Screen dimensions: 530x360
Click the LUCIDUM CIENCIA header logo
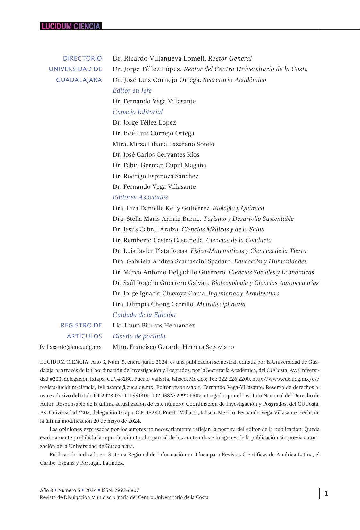pyautogui.click(x=71, y=26)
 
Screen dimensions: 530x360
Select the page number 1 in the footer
pyautogui.click(x=326, y=493)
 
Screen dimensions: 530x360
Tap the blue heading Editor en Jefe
pyautogui.click(x=132, y=91)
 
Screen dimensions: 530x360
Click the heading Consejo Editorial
pyautogui.click(x=138, y=112)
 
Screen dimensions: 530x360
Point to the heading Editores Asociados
pyautogui.click(x=140, y=197)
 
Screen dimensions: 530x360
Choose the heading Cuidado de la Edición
pyautogui.click(x=144, y=315)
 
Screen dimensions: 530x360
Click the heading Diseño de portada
pyautogui.click(x=139, y=336)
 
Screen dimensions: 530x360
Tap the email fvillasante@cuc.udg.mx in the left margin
pyautogui.click(x=71, y=347)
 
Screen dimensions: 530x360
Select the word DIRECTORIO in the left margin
pyautogui.click(x=82, y=59)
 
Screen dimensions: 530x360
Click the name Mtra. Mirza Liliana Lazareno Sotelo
pyautogui.click(x=163, y=144)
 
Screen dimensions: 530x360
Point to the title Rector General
pyautogui.click(x=230, y=59)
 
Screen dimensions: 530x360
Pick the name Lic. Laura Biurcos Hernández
pyautogui.click(x=154, y=326)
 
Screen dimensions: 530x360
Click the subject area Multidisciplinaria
pyautogui.click(x=221, y=304)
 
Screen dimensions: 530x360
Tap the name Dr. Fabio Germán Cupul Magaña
pyautogui.click(x=159, y=165)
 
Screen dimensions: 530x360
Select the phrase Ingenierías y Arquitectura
pyautogui.click(x=244, y=294)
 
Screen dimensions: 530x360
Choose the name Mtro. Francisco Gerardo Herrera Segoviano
pyautogui.click(x=173, y=347)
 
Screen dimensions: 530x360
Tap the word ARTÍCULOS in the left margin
pyautogui.click(x=84, y=336)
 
